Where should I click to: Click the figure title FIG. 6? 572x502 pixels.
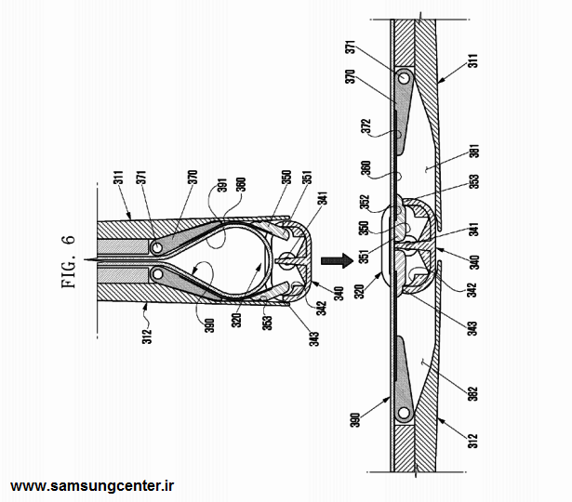[69, 262]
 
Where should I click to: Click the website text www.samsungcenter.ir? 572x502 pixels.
[92, 486]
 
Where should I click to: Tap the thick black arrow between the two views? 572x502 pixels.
[337, 261]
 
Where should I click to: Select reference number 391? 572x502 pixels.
[222, 185]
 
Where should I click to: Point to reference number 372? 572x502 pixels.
[366, 126]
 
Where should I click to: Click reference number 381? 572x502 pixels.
[473, 151]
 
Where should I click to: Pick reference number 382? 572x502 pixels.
[472, 394]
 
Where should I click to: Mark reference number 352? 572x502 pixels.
[365, 203]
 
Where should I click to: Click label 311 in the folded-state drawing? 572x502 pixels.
[120, 178]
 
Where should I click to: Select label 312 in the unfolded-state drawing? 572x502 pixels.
[472, 441]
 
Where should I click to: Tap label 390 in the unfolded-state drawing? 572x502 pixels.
[355, 420]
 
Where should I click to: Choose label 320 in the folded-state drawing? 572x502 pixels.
[237, 321]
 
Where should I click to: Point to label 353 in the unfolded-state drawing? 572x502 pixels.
[473, 181]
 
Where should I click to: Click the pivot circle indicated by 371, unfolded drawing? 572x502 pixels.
[404, 78]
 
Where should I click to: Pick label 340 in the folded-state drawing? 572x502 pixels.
[339, 294]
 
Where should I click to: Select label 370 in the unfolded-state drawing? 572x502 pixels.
[351, 76]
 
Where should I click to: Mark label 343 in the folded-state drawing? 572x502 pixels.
[314, 338]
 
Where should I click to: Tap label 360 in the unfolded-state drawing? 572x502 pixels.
[366, 167]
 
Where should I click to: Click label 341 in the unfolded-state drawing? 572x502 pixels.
[473, 230]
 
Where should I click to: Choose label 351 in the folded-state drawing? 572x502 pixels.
[307, 178]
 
